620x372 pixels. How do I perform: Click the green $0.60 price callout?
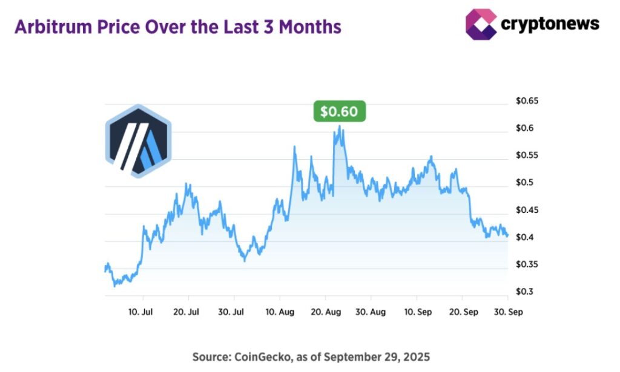point(339,112)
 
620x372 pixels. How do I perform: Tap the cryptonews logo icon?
point(481,24)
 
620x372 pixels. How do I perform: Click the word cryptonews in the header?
point(550,24)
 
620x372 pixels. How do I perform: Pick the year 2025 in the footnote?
point(417,357)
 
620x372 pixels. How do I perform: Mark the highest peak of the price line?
point(339,126)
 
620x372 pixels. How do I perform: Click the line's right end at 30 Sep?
point(507,236)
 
